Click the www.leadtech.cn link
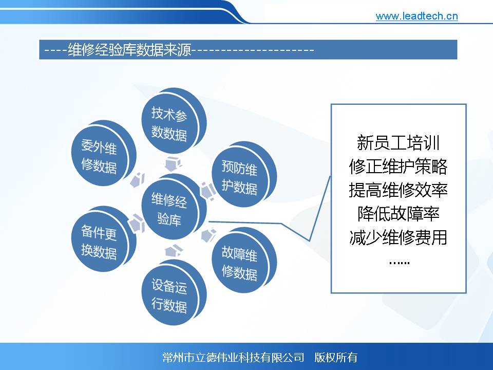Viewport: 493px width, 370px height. coord(416,16)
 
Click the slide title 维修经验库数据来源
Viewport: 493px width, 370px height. coord(129,50)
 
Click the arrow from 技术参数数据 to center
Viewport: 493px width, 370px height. coord(173,163)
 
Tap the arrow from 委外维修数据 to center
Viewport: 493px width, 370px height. coord(138,180)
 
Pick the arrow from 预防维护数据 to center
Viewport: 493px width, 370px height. coord(208,191)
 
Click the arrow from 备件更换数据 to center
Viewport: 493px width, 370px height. coord(137,223)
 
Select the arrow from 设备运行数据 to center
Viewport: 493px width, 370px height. coord(173,251)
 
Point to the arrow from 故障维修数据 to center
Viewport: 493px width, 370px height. coord(208,235)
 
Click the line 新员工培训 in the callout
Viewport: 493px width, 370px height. coord(398,142)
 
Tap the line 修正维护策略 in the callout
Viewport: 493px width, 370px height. coord(398,166)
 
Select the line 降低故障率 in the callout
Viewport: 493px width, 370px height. coord(398,214)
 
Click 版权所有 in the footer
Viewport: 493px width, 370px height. coord(336,358)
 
